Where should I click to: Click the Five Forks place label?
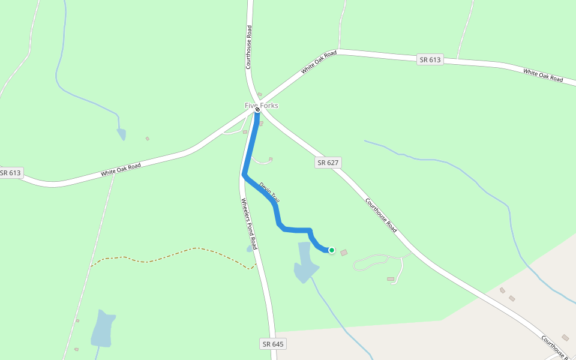pyautogui.click(x=262, y=106)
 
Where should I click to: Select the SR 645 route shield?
pyautogui.click(x=273, y=344)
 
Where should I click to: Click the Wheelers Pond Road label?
pyautogui.click(x=249, y=224)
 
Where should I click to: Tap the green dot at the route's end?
pyautogui.click(x=331, y=250)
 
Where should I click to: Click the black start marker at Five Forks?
pyautogui.click(x=257, y=110)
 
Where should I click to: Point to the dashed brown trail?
pyautogui.click(x=168, y=256)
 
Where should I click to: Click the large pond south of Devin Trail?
pyautogui.click(x=305, y=264)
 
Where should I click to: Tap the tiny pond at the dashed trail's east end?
pyautogui.click(x=250, y=248)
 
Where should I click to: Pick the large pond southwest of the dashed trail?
pyautogui.click(x=103, y=329)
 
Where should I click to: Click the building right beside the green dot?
pyautogui.click(x=344, y=253)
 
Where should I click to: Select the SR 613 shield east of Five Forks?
pyautogui.click(x=430, y=59)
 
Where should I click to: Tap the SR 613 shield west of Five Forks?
pyautogui.click(x=10, y=173)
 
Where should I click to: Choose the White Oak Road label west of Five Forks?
pyautogui.click(x=121, y=169)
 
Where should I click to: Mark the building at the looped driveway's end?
pyautogui.click(x=391, y=279)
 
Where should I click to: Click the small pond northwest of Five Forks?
pyautogui.click(x=122, y=134)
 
